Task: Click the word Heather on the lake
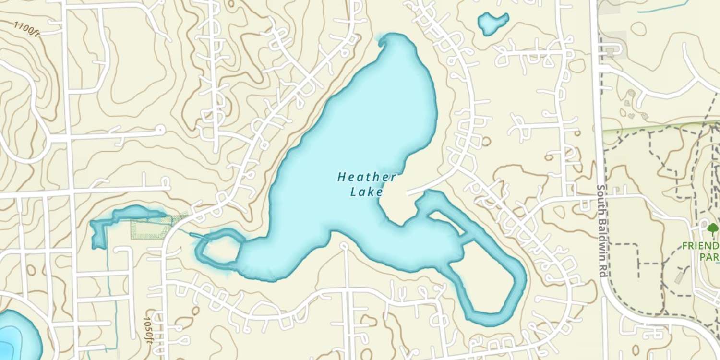tap(367, 177)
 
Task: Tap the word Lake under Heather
tap(367, 192)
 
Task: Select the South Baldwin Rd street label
tap(601, 230)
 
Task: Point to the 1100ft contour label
tap(26, 29)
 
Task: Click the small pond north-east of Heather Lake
tap(492, 23)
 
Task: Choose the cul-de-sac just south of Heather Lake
tap(343, 246)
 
